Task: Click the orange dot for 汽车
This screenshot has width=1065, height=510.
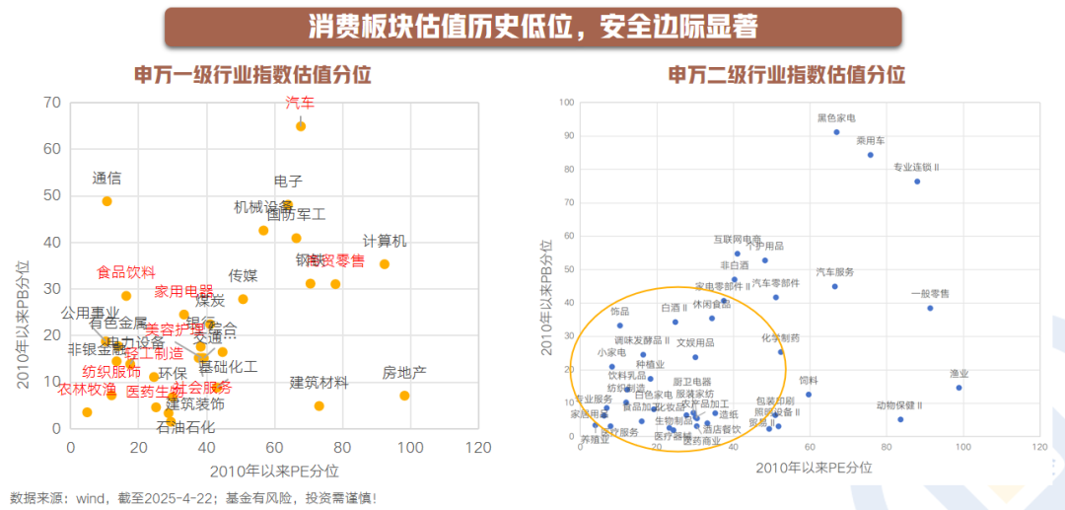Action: [x=301, y=126]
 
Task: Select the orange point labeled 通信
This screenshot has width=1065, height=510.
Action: [x=106, y=201]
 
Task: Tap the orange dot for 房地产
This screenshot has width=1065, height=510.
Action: [x=404, y=396]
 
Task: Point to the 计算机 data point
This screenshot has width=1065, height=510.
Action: [x=384, y=264]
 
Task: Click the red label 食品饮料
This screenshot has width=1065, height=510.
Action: [x=125, y=272]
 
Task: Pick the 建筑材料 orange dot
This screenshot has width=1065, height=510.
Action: [x=319, y=405]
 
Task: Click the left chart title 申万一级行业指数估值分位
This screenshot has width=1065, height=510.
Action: [x=252, y=75]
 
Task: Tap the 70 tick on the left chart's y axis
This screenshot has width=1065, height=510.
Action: [x=51, y=103]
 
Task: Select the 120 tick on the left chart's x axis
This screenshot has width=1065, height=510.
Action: [x=477, y=447]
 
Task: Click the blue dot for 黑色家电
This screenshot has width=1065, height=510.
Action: [x=836, y=132]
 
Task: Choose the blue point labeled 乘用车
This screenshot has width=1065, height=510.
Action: [x=871, y=155]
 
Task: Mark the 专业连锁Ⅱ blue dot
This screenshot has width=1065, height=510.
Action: [x=917, y=182]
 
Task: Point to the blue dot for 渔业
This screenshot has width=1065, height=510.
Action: [x=958, y=388]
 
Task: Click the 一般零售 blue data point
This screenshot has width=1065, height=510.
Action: [x=930, y=308]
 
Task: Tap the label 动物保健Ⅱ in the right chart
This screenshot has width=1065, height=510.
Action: [x=899, y=405]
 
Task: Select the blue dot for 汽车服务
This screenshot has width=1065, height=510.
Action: [x=834, y=286]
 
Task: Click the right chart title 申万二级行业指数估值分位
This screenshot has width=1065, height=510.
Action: [x=786, y=75]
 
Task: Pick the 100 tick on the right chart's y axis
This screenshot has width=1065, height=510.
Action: [x=567, y=103]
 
